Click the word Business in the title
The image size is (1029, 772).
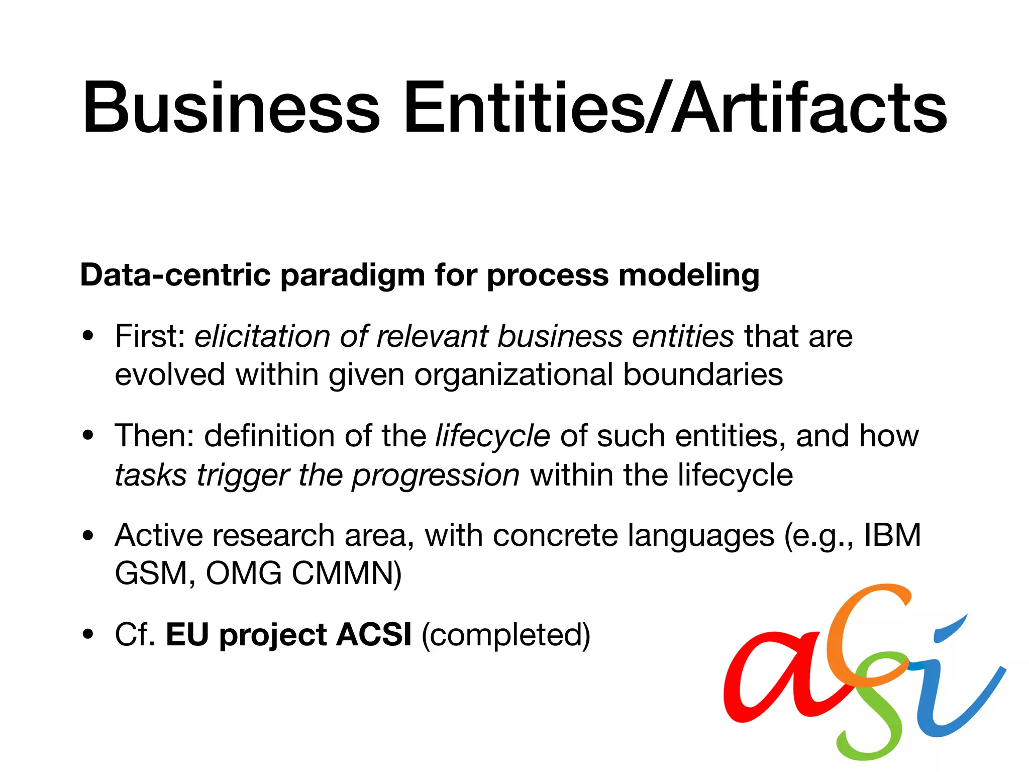point(231,108)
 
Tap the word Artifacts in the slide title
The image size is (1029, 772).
point(809,108)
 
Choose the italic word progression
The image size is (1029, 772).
point(435,475)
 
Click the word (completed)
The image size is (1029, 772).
point(505,635)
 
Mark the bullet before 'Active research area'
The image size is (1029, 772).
point(88,535)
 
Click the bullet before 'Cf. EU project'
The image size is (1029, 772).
point(88,634)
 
